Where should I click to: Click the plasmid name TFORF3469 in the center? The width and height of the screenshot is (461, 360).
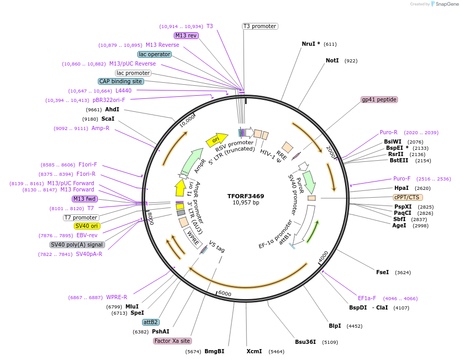(x=246, y=196)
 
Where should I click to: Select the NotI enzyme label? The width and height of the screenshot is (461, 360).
(x=332, y=61)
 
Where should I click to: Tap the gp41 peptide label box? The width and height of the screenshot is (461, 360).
(x=379, y=99)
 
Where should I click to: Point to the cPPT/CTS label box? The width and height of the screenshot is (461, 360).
(x=408, y=198)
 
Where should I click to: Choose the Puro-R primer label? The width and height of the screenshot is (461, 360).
(x=389, y=132)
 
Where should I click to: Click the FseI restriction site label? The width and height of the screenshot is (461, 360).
(x=382, y=272)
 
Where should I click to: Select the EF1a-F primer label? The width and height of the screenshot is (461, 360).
(x=367, y=299)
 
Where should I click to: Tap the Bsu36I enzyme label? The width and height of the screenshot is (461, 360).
(x=305, y=342)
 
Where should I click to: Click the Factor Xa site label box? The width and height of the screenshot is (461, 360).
(x=172, y=341)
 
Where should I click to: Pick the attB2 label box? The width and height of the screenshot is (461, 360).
(x=151, y=323)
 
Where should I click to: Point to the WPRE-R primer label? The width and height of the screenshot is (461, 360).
(x=117, y=298)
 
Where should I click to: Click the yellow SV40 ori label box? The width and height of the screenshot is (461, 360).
(x=86, y=226)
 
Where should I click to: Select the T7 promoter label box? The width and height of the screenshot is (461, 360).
(x=81, y=217)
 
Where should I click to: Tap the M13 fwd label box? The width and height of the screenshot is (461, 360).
(x=85, y=199)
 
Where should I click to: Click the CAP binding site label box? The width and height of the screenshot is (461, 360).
(x=121, y=81)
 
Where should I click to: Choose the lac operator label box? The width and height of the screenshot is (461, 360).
(x=155, y=54)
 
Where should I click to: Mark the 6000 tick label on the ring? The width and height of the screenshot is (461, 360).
(x=224, y=293)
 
